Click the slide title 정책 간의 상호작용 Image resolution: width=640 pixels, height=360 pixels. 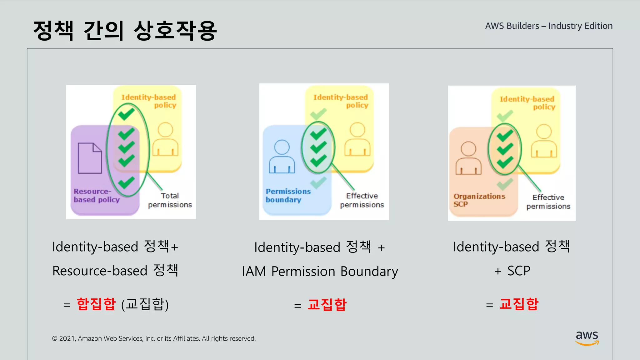125,31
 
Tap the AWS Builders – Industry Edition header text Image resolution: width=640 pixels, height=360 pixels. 549,26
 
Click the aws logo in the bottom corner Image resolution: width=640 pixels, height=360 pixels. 587,337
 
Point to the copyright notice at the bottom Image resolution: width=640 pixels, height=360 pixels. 154,338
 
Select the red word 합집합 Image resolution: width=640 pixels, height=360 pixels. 96,304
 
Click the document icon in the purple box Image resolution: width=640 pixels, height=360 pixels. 90,158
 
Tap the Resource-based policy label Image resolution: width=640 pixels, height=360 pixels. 96,196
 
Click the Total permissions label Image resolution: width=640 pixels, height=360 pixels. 170,200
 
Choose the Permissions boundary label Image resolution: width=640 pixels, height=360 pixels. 288,196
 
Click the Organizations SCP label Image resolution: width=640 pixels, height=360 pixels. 479,200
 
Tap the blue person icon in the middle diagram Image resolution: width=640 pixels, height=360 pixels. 282,157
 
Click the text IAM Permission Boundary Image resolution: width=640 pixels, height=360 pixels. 320,271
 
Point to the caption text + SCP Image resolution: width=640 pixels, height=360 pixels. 512,271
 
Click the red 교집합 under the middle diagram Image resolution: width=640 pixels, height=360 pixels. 327,304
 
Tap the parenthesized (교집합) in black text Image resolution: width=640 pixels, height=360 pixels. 145,304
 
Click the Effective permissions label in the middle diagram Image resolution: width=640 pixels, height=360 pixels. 362,200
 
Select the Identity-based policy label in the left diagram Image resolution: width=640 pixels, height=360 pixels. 149,101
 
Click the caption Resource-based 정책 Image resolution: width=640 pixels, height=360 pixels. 115,271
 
